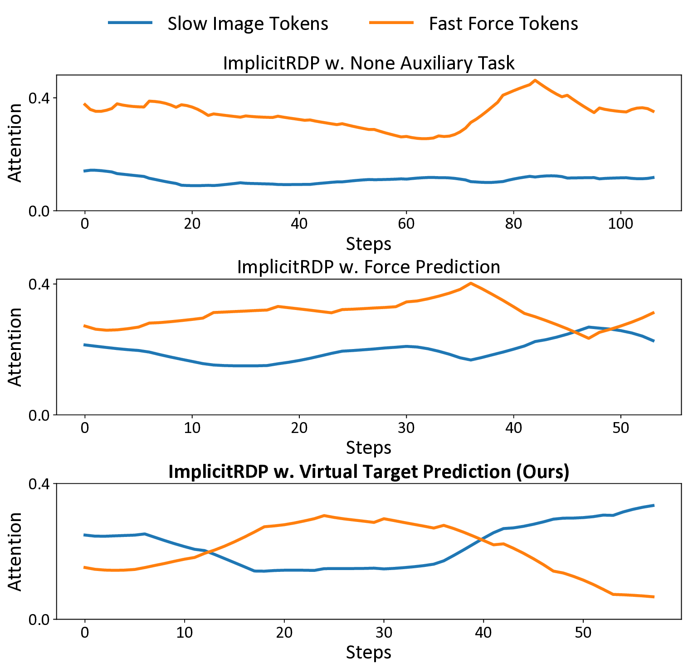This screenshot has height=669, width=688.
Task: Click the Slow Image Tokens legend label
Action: point(248,24)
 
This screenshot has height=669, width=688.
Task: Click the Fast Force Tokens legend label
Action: point(503,24)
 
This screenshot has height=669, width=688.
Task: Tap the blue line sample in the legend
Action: point(130,23)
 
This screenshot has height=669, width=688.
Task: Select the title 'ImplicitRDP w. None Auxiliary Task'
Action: point(368,63)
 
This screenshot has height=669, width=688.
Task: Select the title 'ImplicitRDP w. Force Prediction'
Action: point(368,267)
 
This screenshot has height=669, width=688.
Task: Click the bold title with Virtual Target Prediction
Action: point(368,472)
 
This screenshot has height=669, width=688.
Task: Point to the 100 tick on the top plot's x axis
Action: point(620,224)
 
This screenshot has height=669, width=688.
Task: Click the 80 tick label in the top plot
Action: point(513,224)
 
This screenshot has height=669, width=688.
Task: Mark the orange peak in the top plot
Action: point(535,80)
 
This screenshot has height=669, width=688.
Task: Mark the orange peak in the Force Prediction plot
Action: point(471,283)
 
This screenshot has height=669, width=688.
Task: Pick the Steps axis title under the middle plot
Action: point(368,448)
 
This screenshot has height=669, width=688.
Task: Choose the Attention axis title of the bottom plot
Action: point(15,551)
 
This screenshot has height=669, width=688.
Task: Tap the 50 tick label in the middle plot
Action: point(620,428)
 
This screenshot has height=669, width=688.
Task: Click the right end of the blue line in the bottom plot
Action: point(653,505)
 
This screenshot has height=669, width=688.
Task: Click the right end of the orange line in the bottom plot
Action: point(653,597)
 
